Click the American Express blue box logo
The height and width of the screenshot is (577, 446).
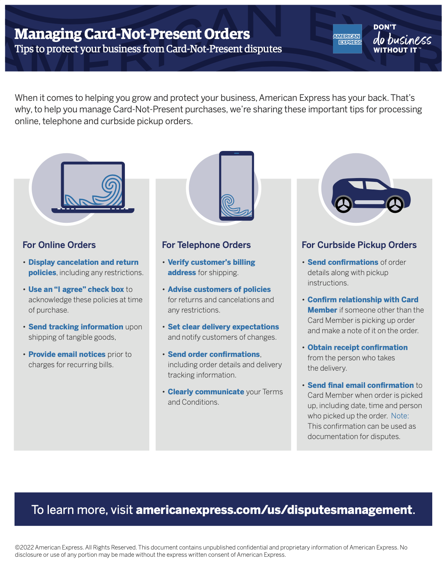coord(347,39)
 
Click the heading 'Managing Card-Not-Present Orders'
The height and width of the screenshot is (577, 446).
coord(132,34)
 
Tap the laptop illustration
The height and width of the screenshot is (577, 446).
coord(93,187)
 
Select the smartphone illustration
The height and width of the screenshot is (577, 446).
coord(236,186)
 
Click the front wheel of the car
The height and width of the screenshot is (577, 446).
coord(395,205)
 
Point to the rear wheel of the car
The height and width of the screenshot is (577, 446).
coord(344,205)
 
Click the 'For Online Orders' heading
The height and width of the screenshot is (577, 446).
coord(59,245)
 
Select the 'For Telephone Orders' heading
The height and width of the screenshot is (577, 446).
coord(206,245)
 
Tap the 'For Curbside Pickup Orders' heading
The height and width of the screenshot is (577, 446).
coord(359,245)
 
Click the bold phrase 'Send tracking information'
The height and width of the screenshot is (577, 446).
coord(76,327)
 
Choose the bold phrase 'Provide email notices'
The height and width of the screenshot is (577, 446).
coord(67,354)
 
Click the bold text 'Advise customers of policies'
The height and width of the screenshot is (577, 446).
coord(219,289)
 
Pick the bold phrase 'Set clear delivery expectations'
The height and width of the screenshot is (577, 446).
coord(223,327)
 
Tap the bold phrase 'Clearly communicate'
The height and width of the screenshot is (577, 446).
coord(206,392)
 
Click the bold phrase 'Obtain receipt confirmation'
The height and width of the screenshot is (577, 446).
coord(357,347)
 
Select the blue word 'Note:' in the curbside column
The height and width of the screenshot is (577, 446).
coord(400,416)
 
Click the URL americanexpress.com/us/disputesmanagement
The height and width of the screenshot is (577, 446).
coord(274,510)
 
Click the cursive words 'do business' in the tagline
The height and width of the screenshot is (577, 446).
coord(402,39)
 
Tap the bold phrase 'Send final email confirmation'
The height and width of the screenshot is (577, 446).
coord(360,385)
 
